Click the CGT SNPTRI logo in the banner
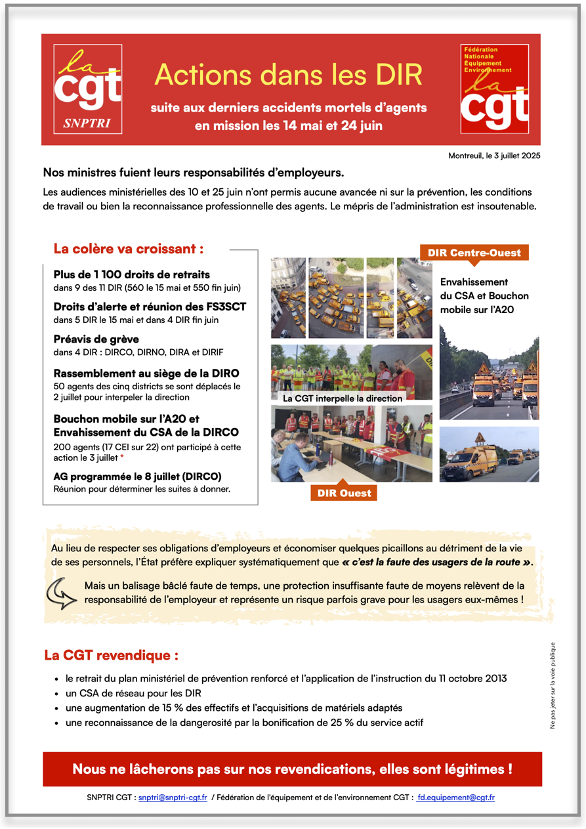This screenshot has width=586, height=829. tap(87, 89)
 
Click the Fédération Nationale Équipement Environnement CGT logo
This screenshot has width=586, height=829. tap(495, 89)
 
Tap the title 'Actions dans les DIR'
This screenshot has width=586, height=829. tap(288, 75)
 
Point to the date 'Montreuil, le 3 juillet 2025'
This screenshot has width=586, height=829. tap(494, 156)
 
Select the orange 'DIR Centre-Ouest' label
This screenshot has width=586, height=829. tap(474, 253)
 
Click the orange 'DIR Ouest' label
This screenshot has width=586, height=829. tap(344, 493)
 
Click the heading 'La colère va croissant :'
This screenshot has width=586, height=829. tap(128, 249)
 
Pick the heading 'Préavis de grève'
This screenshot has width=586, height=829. tap(96, 339)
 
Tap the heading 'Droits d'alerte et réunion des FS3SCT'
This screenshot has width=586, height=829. tap(150, 307)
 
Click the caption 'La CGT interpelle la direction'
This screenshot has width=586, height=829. tap(342, 398)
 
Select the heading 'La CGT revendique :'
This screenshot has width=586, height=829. tap(111, 655)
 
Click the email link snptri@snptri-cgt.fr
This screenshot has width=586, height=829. tap(173, 797)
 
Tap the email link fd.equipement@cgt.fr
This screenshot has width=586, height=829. tap(456, 797)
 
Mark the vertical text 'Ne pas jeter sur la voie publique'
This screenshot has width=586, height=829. tap(553, 685)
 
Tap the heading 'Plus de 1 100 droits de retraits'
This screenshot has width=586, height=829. tap(131, 274)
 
